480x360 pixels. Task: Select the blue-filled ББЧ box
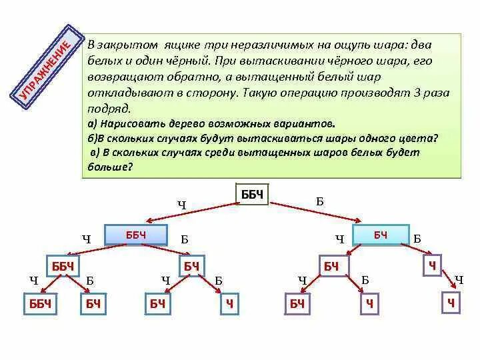(x=135, y=235)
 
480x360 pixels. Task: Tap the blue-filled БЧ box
(x=380, y=235)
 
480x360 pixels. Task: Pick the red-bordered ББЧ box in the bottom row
(x=41, y=304)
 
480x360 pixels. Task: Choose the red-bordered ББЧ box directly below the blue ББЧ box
(x=62, y=267)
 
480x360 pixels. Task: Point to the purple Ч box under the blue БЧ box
(x=432, y=267)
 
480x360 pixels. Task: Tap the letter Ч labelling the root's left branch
(x=181, y=205)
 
